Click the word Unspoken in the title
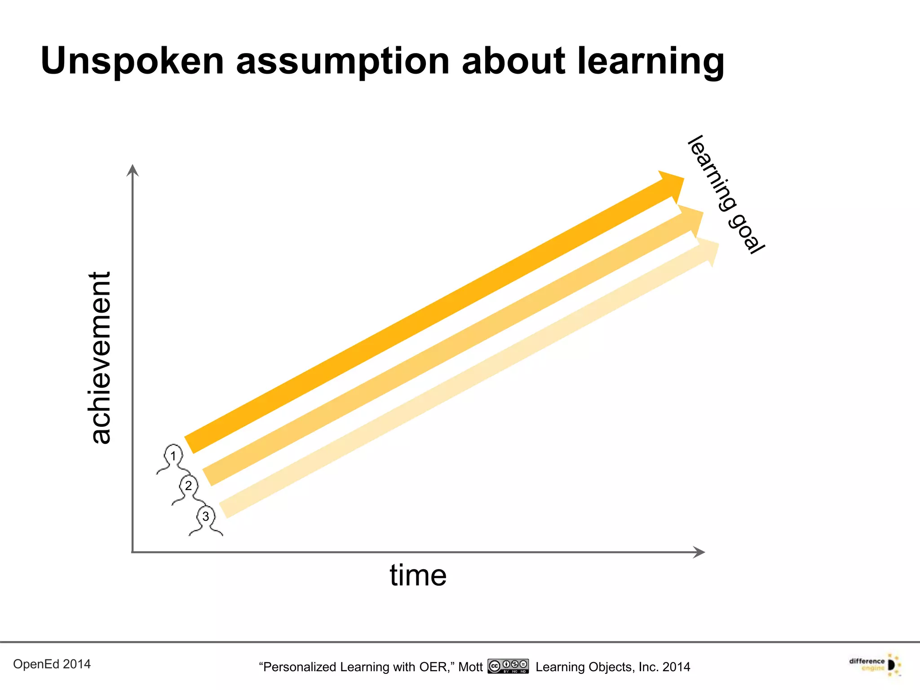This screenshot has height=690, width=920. point(132,62)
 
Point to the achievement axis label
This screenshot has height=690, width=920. point(100,358)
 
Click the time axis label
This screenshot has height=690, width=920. point(418,575)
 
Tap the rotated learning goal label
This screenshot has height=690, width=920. point(726,194)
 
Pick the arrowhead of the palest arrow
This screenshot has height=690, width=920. point(708,251)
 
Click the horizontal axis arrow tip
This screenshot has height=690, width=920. point(701,552)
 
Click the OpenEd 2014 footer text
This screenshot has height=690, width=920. point(52,664)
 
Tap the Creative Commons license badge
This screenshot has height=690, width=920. point(508,666)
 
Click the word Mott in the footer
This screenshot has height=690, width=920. point(470,667)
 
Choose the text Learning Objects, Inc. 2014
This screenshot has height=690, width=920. point(613,667)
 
